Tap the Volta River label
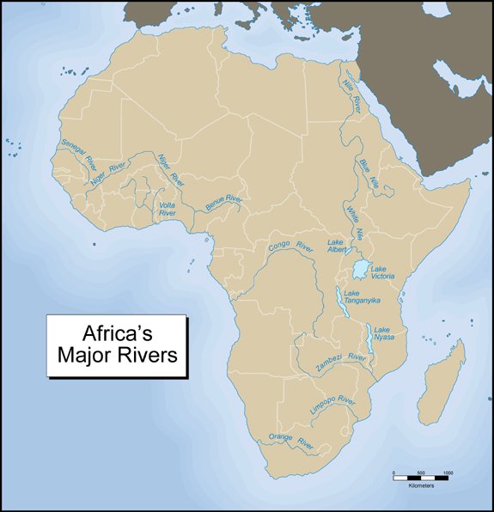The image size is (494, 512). (x=168, y=209)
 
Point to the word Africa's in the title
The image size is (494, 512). (x=117, y=332)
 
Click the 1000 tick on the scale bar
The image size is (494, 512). (x=448, y=473)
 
